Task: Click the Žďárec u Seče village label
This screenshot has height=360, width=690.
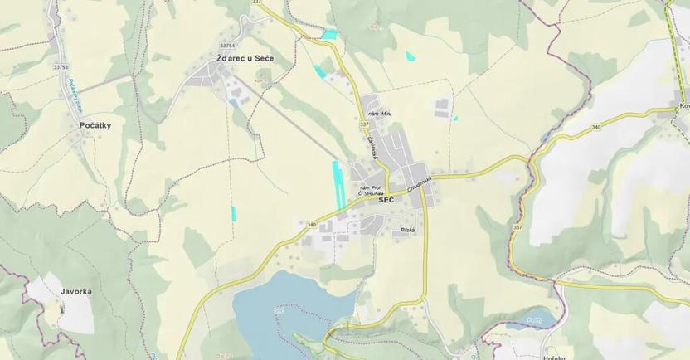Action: point(245,59)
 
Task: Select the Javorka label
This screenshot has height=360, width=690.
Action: point(76,292)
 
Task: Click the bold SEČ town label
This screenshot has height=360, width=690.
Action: point(386,200)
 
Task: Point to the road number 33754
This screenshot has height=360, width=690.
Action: point(227,46)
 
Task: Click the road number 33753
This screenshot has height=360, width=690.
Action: point(61,66)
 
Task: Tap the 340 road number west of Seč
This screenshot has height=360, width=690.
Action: point(311,225)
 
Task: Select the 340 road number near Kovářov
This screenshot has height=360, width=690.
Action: point(595,127)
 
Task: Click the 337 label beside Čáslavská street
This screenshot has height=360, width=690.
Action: point(364,125)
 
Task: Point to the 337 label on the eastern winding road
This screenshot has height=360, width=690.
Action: point(517,226)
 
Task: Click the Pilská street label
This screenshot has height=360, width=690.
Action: point(407,230)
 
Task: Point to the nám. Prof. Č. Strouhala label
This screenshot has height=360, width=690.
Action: point(369,190)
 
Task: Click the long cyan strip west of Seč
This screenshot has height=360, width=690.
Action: point(338,184)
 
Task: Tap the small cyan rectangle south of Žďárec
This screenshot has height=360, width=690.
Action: point(235,212)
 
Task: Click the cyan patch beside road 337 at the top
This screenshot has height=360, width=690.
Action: point(330,35)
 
